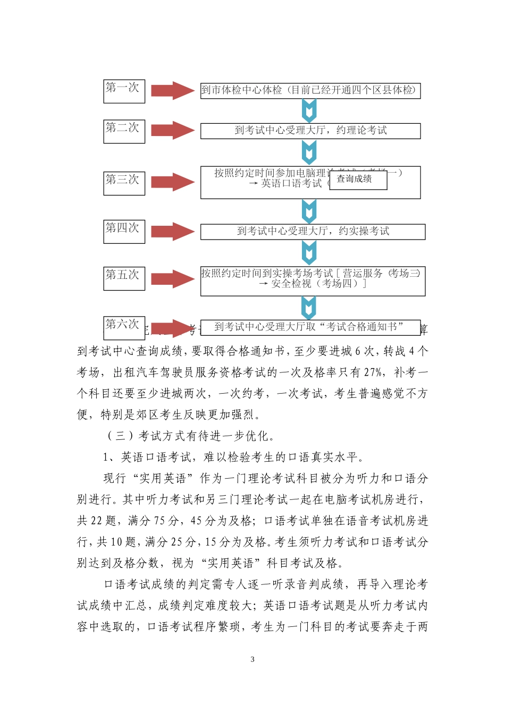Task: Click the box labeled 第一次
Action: click(124, 91)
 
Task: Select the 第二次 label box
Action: click(124, 131)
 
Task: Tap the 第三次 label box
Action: click(124, 183)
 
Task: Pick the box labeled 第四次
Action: click(124, 232)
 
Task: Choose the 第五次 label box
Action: click(124, 278)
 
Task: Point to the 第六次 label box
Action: click(124, 325)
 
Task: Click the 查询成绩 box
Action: click(358, 180)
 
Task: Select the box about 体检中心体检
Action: click(310, 90)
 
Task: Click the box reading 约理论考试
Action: click(310, 131)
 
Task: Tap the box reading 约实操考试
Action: click(313, 231)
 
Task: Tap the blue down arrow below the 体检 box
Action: click(309, 111)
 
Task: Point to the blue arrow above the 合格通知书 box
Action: click(309, 308)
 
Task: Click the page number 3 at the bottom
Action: click(252, 659)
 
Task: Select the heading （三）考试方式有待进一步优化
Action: click(191, 436)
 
